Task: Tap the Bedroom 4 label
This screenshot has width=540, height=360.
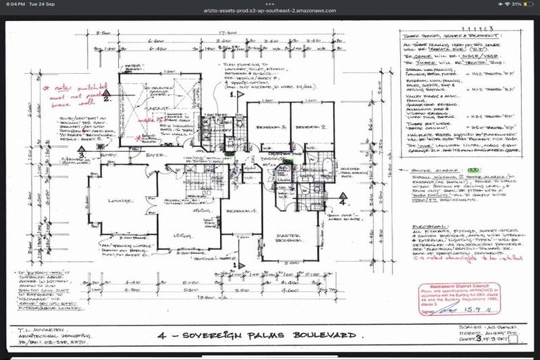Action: click(x=239, y=210)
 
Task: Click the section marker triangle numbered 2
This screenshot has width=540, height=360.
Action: click(x=106, y=98)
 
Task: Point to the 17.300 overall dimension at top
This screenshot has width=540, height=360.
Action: click(x=226, y=32)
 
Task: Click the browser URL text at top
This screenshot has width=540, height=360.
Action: click(x=271, y=11)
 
